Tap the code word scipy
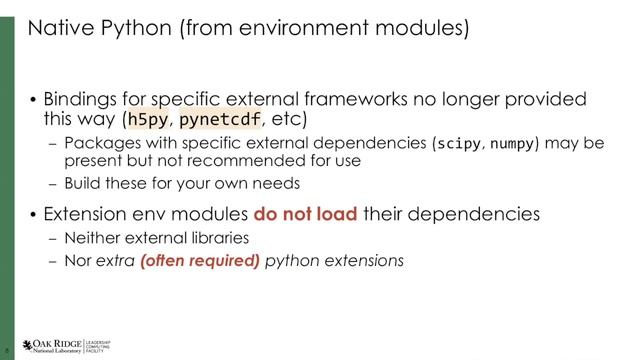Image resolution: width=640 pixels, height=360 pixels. (x=459, y=143)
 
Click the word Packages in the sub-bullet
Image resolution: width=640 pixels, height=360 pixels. (x=98, y=143)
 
